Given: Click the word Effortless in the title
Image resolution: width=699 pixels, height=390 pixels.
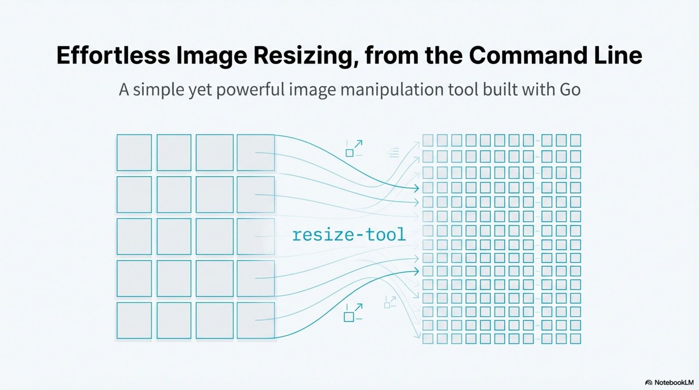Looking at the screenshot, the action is pos(113,55).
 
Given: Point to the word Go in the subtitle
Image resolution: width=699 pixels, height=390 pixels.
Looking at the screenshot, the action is pos(570,89).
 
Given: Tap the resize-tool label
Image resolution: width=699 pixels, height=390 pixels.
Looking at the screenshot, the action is pos(349,235).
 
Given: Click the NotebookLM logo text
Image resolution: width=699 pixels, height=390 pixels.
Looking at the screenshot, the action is pos(673,382).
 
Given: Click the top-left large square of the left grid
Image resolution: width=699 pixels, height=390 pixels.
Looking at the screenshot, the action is pos(134,152).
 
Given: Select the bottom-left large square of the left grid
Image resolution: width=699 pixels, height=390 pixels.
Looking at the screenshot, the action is pos(134,320).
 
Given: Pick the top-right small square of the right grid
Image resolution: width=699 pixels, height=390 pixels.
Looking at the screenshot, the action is pos(575,140).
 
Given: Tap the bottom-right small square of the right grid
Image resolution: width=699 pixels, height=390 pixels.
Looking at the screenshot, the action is pos(575,339).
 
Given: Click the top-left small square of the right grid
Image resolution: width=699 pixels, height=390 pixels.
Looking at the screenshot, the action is pos(428,140).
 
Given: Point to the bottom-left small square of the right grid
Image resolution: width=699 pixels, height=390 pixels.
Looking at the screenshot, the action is pos(428,339).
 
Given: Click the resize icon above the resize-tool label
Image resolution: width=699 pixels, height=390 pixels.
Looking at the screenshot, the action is pos(354,148).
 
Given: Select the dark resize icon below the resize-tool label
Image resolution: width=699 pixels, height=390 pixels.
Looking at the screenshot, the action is pos(353,313).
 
